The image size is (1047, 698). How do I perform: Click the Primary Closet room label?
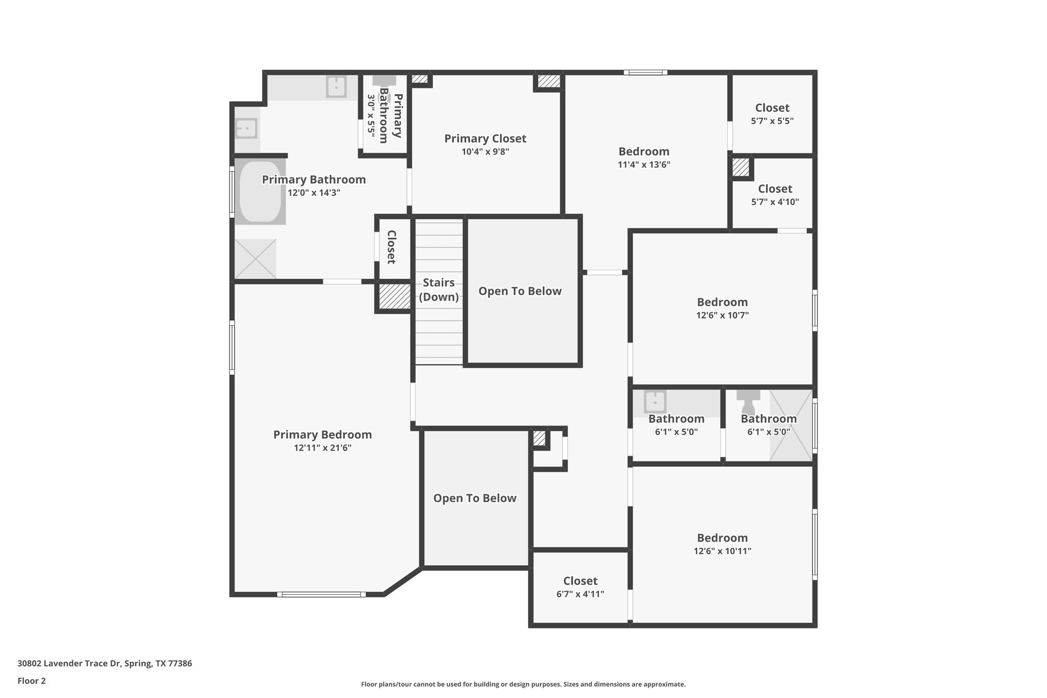pos(485,139)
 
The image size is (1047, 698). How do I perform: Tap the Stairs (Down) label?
pos(439,289)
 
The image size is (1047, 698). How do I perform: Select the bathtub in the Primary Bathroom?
pos(260,191)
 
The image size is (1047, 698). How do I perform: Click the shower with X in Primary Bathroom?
pos(255,259)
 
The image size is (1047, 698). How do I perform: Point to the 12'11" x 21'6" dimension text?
pos(323,448)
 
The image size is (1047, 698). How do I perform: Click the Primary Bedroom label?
pos(323,435)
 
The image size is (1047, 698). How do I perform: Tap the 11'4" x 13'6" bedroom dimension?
pos(644,165)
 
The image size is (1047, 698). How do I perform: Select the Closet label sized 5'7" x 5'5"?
pos(772,108)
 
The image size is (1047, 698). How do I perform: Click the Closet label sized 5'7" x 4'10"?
pos(775,189)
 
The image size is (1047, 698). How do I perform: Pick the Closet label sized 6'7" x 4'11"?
pos(580,581)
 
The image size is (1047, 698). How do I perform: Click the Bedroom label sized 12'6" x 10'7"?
pos(722,302)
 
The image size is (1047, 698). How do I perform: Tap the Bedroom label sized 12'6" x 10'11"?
pos(722,538)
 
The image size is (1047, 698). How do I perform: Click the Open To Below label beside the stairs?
pos(520,291)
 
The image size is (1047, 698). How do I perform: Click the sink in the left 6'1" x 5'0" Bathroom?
pos(655,402)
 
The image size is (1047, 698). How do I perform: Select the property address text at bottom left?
pos(105,664)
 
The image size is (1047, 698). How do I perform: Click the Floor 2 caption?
pos(32,681)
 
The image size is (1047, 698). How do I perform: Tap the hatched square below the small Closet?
pos(394,296)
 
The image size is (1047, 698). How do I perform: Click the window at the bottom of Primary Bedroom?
pos(322,594)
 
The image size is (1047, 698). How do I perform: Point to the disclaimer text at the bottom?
pos(523,684)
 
